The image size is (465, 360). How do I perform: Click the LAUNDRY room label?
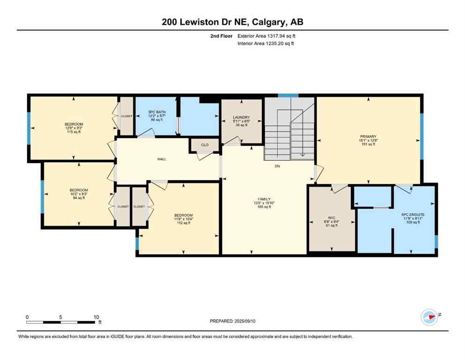coord(241,117)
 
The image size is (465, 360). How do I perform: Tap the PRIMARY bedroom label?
coord(368,136)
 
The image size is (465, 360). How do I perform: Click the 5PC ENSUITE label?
coord(413,215)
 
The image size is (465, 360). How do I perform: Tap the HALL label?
coord(162,159)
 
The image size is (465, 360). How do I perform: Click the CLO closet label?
coord(205,145)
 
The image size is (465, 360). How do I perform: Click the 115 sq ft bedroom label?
coord(74,124)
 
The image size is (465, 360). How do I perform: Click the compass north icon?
coord(429,317)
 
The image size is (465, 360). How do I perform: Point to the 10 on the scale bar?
coord(96,317)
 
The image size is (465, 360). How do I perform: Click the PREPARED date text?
coord(233,321)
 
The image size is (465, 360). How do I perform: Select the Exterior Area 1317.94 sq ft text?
coord(266,36)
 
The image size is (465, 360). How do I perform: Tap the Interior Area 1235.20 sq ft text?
coord(266,44)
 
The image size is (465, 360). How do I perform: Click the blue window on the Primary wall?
coord(421,136)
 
